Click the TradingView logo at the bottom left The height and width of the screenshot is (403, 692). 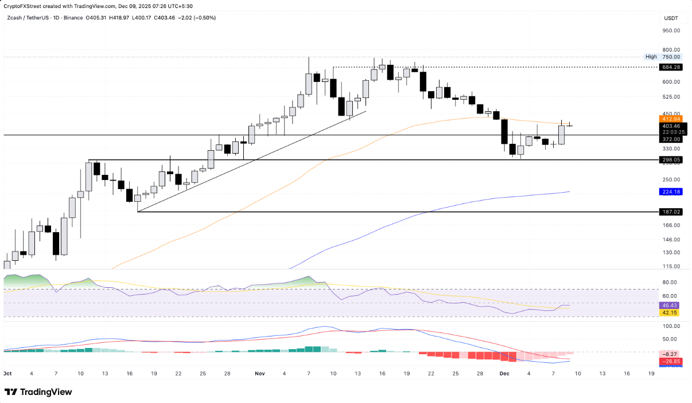pyautogui.click(x=38, y=392)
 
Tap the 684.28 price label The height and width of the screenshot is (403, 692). pyautogui.click(x=671, y=67)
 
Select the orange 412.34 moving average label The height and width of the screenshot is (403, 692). pyautogui.click(x=671, y=119)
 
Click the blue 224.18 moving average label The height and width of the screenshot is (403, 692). pyautogui.click(x=671, y=191)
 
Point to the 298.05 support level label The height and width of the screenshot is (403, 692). pyautogui.click(x=671, y=160)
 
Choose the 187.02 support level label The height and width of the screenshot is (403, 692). pyautogui.click(x=671, y=212)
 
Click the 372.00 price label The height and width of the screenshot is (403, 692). pyautogui.click(x=671, y=139)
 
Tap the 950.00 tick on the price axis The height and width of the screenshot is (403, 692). pyautogui.click(x=671, y=32)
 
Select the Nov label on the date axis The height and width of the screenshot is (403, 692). pyautogui.click(x=260, y=373)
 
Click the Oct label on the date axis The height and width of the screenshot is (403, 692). pyautogui.click(x=7, y=373)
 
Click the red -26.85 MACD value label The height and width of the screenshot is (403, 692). pyautogui.click(x=671, y=362)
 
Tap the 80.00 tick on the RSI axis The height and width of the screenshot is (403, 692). pyautogui.click(x=670, y=282)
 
